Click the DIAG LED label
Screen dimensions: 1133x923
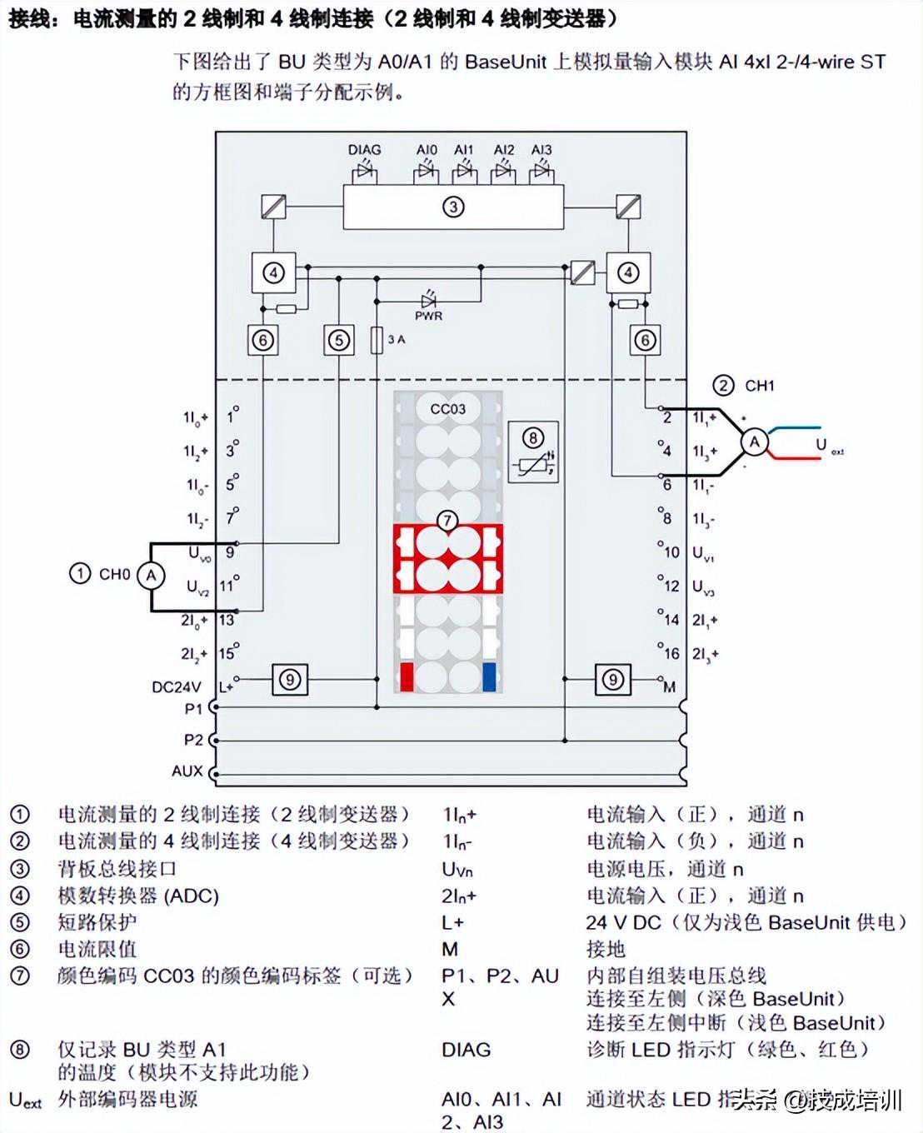click(364, 150)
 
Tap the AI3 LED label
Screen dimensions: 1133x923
click(541, 150)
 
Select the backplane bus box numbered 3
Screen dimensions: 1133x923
click(453, 207)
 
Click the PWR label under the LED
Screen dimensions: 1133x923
click(428, 317)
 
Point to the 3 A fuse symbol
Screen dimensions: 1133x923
click(377, 340)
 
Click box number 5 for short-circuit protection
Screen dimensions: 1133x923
click(338, 340)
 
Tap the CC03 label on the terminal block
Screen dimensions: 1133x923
click(448, 409)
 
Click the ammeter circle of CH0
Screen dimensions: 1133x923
click(151, 575)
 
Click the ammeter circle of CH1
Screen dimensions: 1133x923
click(754, 442)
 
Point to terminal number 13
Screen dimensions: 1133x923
click(227, 620)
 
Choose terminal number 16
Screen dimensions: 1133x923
click(671, 654)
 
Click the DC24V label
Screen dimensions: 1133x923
click(176, 687)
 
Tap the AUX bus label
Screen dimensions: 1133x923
click(187, 771)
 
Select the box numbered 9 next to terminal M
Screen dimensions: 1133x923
click(613, 680)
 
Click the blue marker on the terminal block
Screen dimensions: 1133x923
click(489, 677)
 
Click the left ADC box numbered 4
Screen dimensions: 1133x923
click(273, 272)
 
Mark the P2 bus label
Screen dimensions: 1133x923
click(193, 740)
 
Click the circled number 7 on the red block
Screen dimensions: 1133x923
click(448, 522)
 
